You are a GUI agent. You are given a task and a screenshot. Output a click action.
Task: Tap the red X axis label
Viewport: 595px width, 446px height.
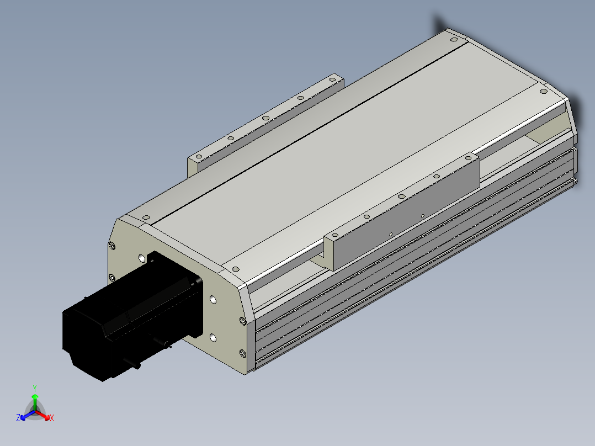tap(51, 418)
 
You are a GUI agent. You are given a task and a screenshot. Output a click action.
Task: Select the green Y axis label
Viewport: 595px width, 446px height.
tap(34, 388)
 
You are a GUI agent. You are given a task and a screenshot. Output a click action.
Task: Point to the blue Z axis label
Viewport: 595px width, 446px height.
tap(18, 418)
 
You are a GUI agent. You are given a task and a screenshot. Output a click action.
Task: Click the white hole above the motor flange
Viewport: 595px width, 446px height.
tap(142, 258)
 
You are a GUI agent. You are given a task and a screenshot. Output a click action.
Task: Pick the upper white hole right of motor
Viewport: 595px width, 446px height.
tap(213, 300)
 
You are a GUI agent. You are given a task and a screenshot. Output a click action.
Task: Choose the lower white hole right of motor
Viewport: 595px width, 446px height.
tap(213, 337)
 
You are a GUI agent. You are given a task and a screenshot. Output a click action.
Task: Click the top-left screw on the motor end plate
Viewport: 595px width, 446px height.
tap(113, 246)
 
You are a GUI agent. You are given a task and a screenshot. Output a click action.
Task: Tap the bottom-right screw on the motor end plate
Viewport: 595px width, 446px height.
tap(242, 353)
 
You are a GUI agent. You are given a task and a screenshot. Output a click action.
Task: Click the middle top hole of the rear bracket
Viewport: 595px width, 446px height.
tap(265, 118)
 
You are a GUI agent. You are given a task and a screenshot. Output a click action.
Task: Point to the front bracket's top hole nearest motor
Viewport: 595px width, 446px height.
tap(365, 217)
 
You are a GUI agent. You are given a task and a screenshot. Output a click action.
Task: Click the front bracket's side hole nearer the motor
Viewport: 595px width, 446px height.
tap(390, 234)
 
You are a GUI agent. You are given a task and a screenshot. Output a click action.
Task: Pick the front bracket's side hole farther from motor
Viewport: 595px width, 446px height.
tap(422, 216)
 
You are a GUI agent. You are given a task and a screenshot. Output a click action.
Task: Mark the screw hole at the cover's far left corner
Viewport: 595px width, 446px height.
tap(146, 217)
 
